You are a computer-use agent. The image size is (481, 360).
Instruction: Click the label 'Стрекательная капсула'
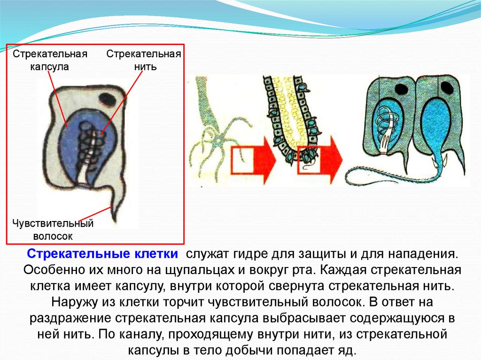(50, 60)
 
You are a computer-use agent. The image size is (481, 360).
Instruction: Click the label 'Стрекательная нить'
(144, 60)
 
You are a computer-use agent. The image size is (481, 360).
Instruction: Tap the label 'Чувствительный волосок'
(53, 230)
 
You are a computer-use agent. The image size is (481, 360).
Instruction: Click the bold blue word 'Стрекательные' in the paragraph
(73, 254)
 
